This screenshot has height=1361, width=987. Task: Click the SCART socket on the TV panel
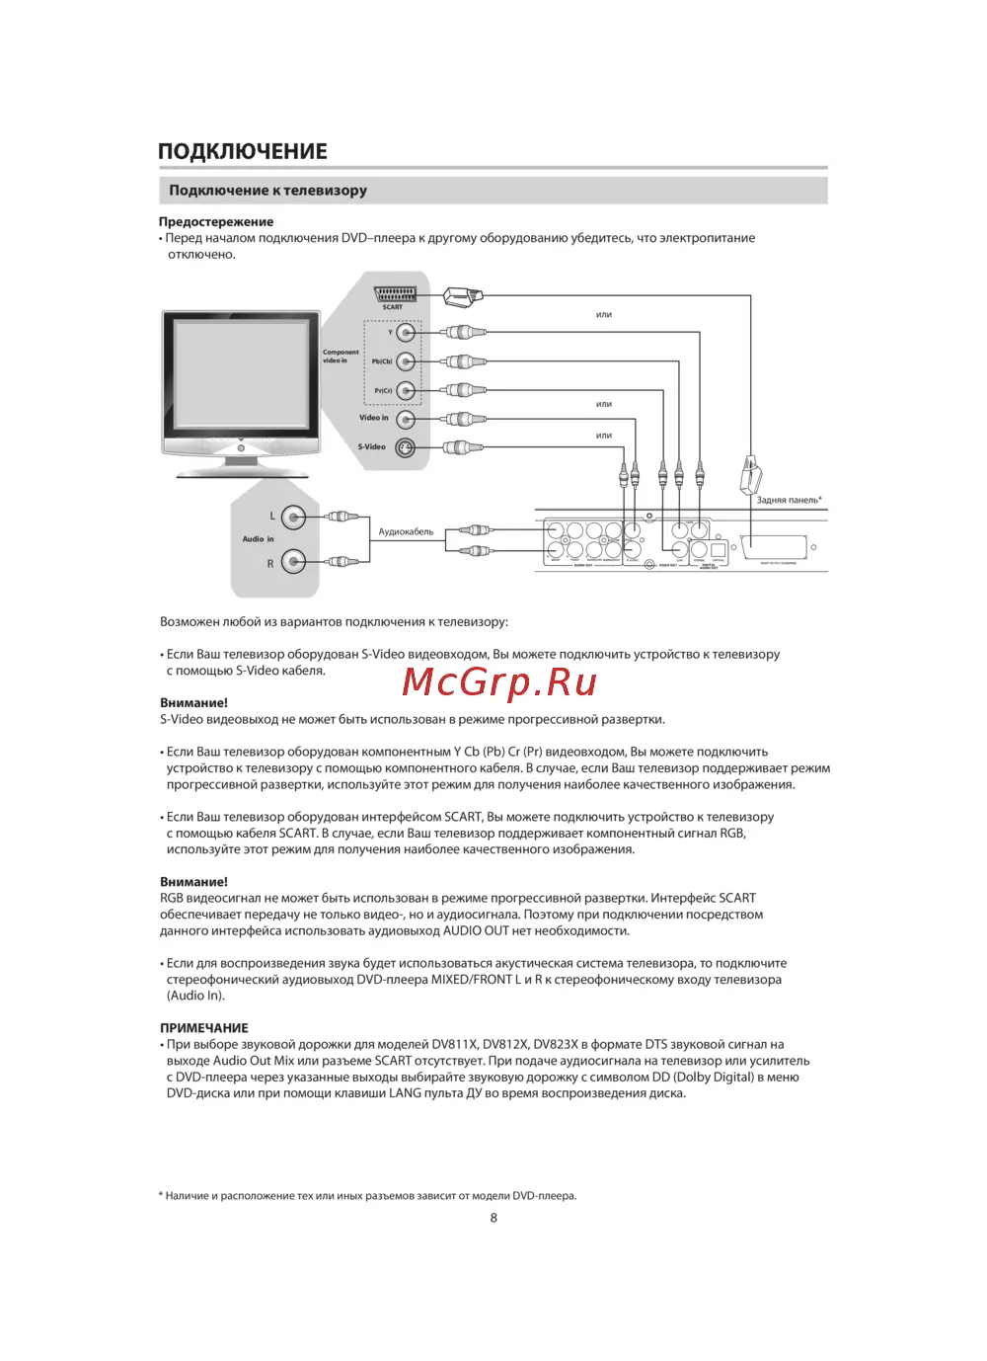tap(395, 293)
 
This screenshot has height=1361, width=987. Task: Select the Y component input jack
tap(406, 333)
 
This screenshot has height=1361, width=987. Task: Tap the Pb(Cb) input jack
tap(406, 361)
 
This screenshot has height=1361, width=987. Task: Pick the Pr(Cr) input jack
tap(406, 390)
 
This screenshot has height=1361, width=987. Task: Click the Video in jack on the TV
tap(406, 420)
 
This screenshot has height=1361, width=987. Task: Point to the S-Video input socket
tap(406, 448)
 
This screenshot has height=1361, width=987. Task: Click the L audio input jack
tap(292, 517)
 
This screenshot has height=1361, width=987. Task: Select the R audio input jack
tap(292, 562)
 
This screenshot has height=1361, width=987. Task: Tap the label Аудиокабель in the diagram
tap(406, 531)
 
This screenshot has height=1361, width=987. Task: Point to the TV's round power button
tap(241, 448)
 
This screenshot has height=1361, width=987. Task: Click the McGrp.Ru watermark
tap(499, 681)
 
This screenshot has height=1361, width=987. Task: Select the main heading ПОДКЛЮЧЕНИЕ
tap(243, 151)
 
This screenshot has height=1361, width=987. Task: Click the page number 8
tap(493, 1218)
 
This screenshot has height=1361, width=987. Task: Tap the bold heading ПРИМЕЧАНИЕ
tap(204, 1027)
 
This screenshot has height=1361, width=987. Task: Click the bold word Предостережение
tap(216, 221)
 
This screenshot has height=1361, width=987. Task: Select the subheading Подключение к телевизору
tap(267, 190)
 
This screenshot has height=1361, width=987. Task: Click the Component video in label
tap(341, 356)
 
